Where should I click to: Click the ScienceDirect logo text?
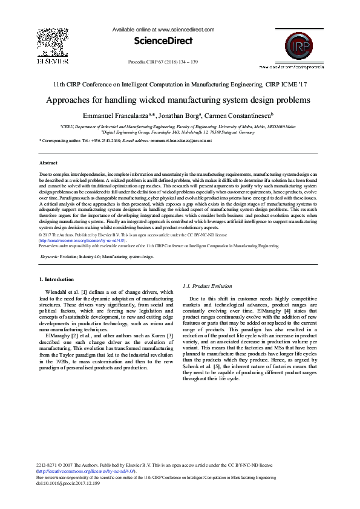click(163, 41)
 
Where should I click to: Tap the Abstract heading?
click(48, 163)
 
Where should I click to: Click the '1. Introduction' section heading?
click(56, 279)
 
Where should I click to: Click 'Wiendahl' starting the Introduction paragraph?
click(58, 292)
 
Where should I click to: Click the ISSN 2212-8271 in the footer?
click(48, 464)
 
